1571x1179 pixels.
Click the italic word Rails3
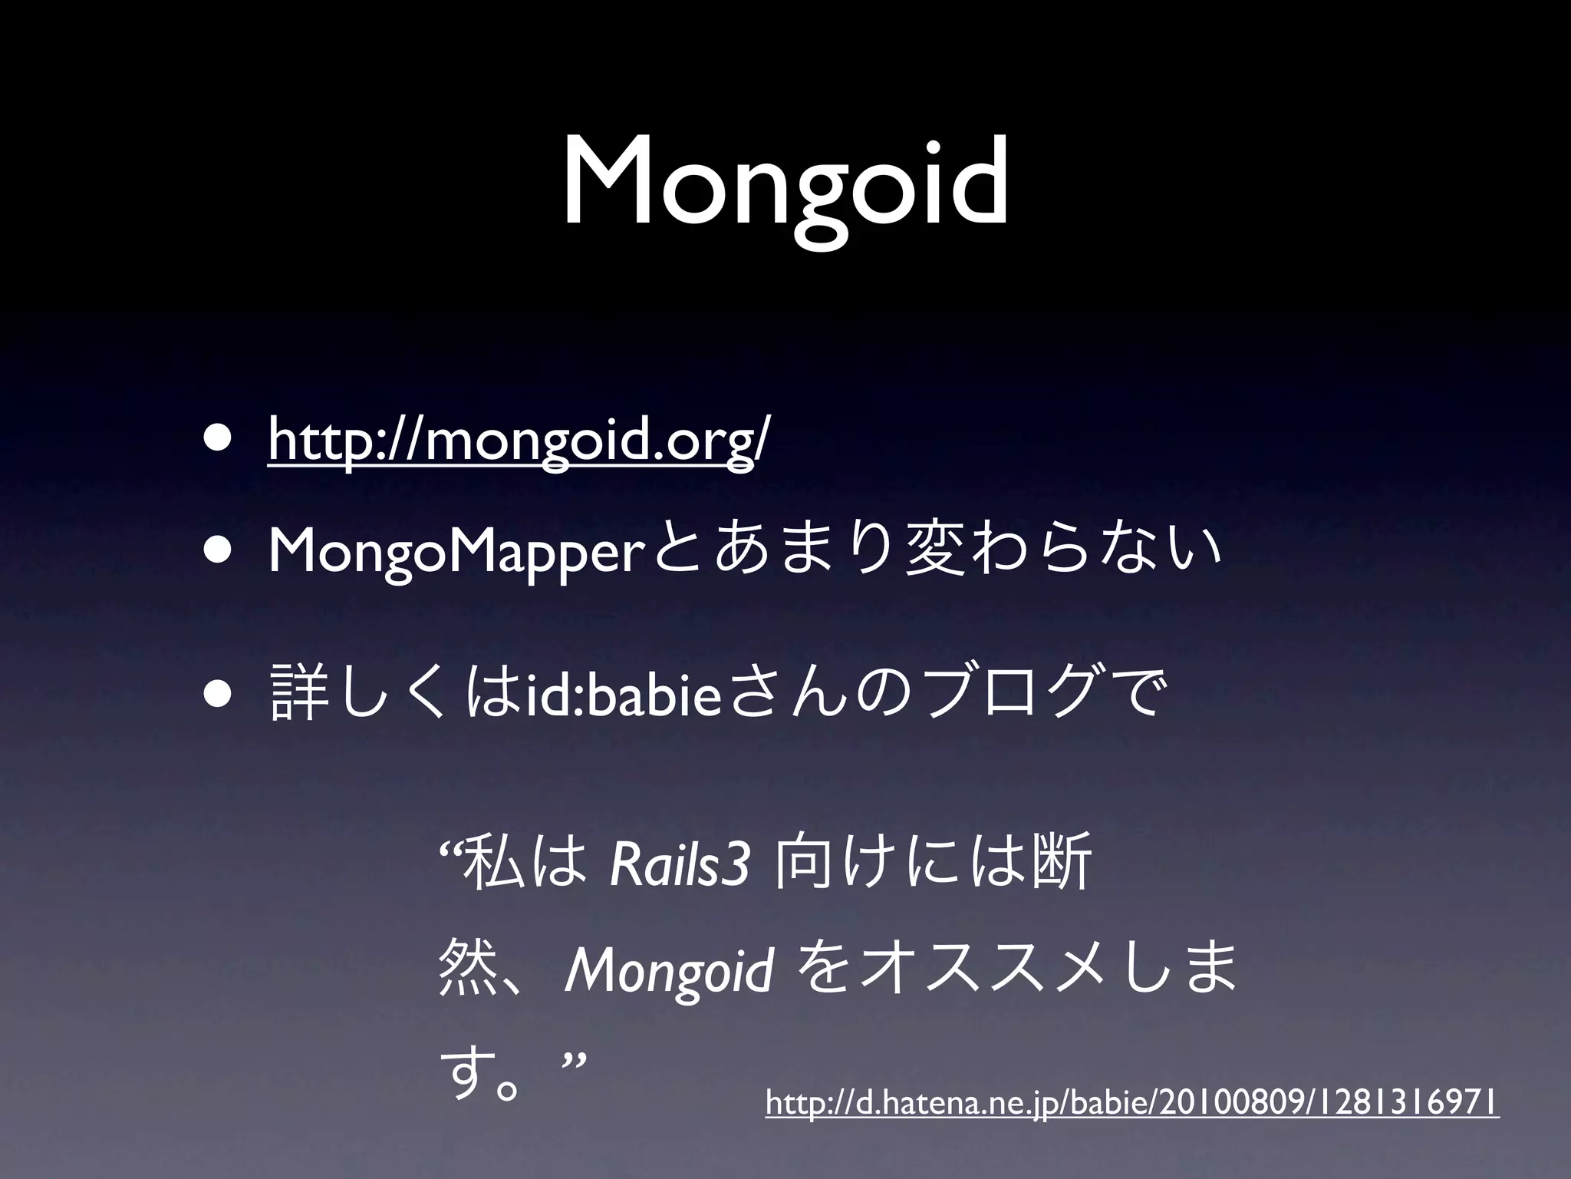coord(678,864)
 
